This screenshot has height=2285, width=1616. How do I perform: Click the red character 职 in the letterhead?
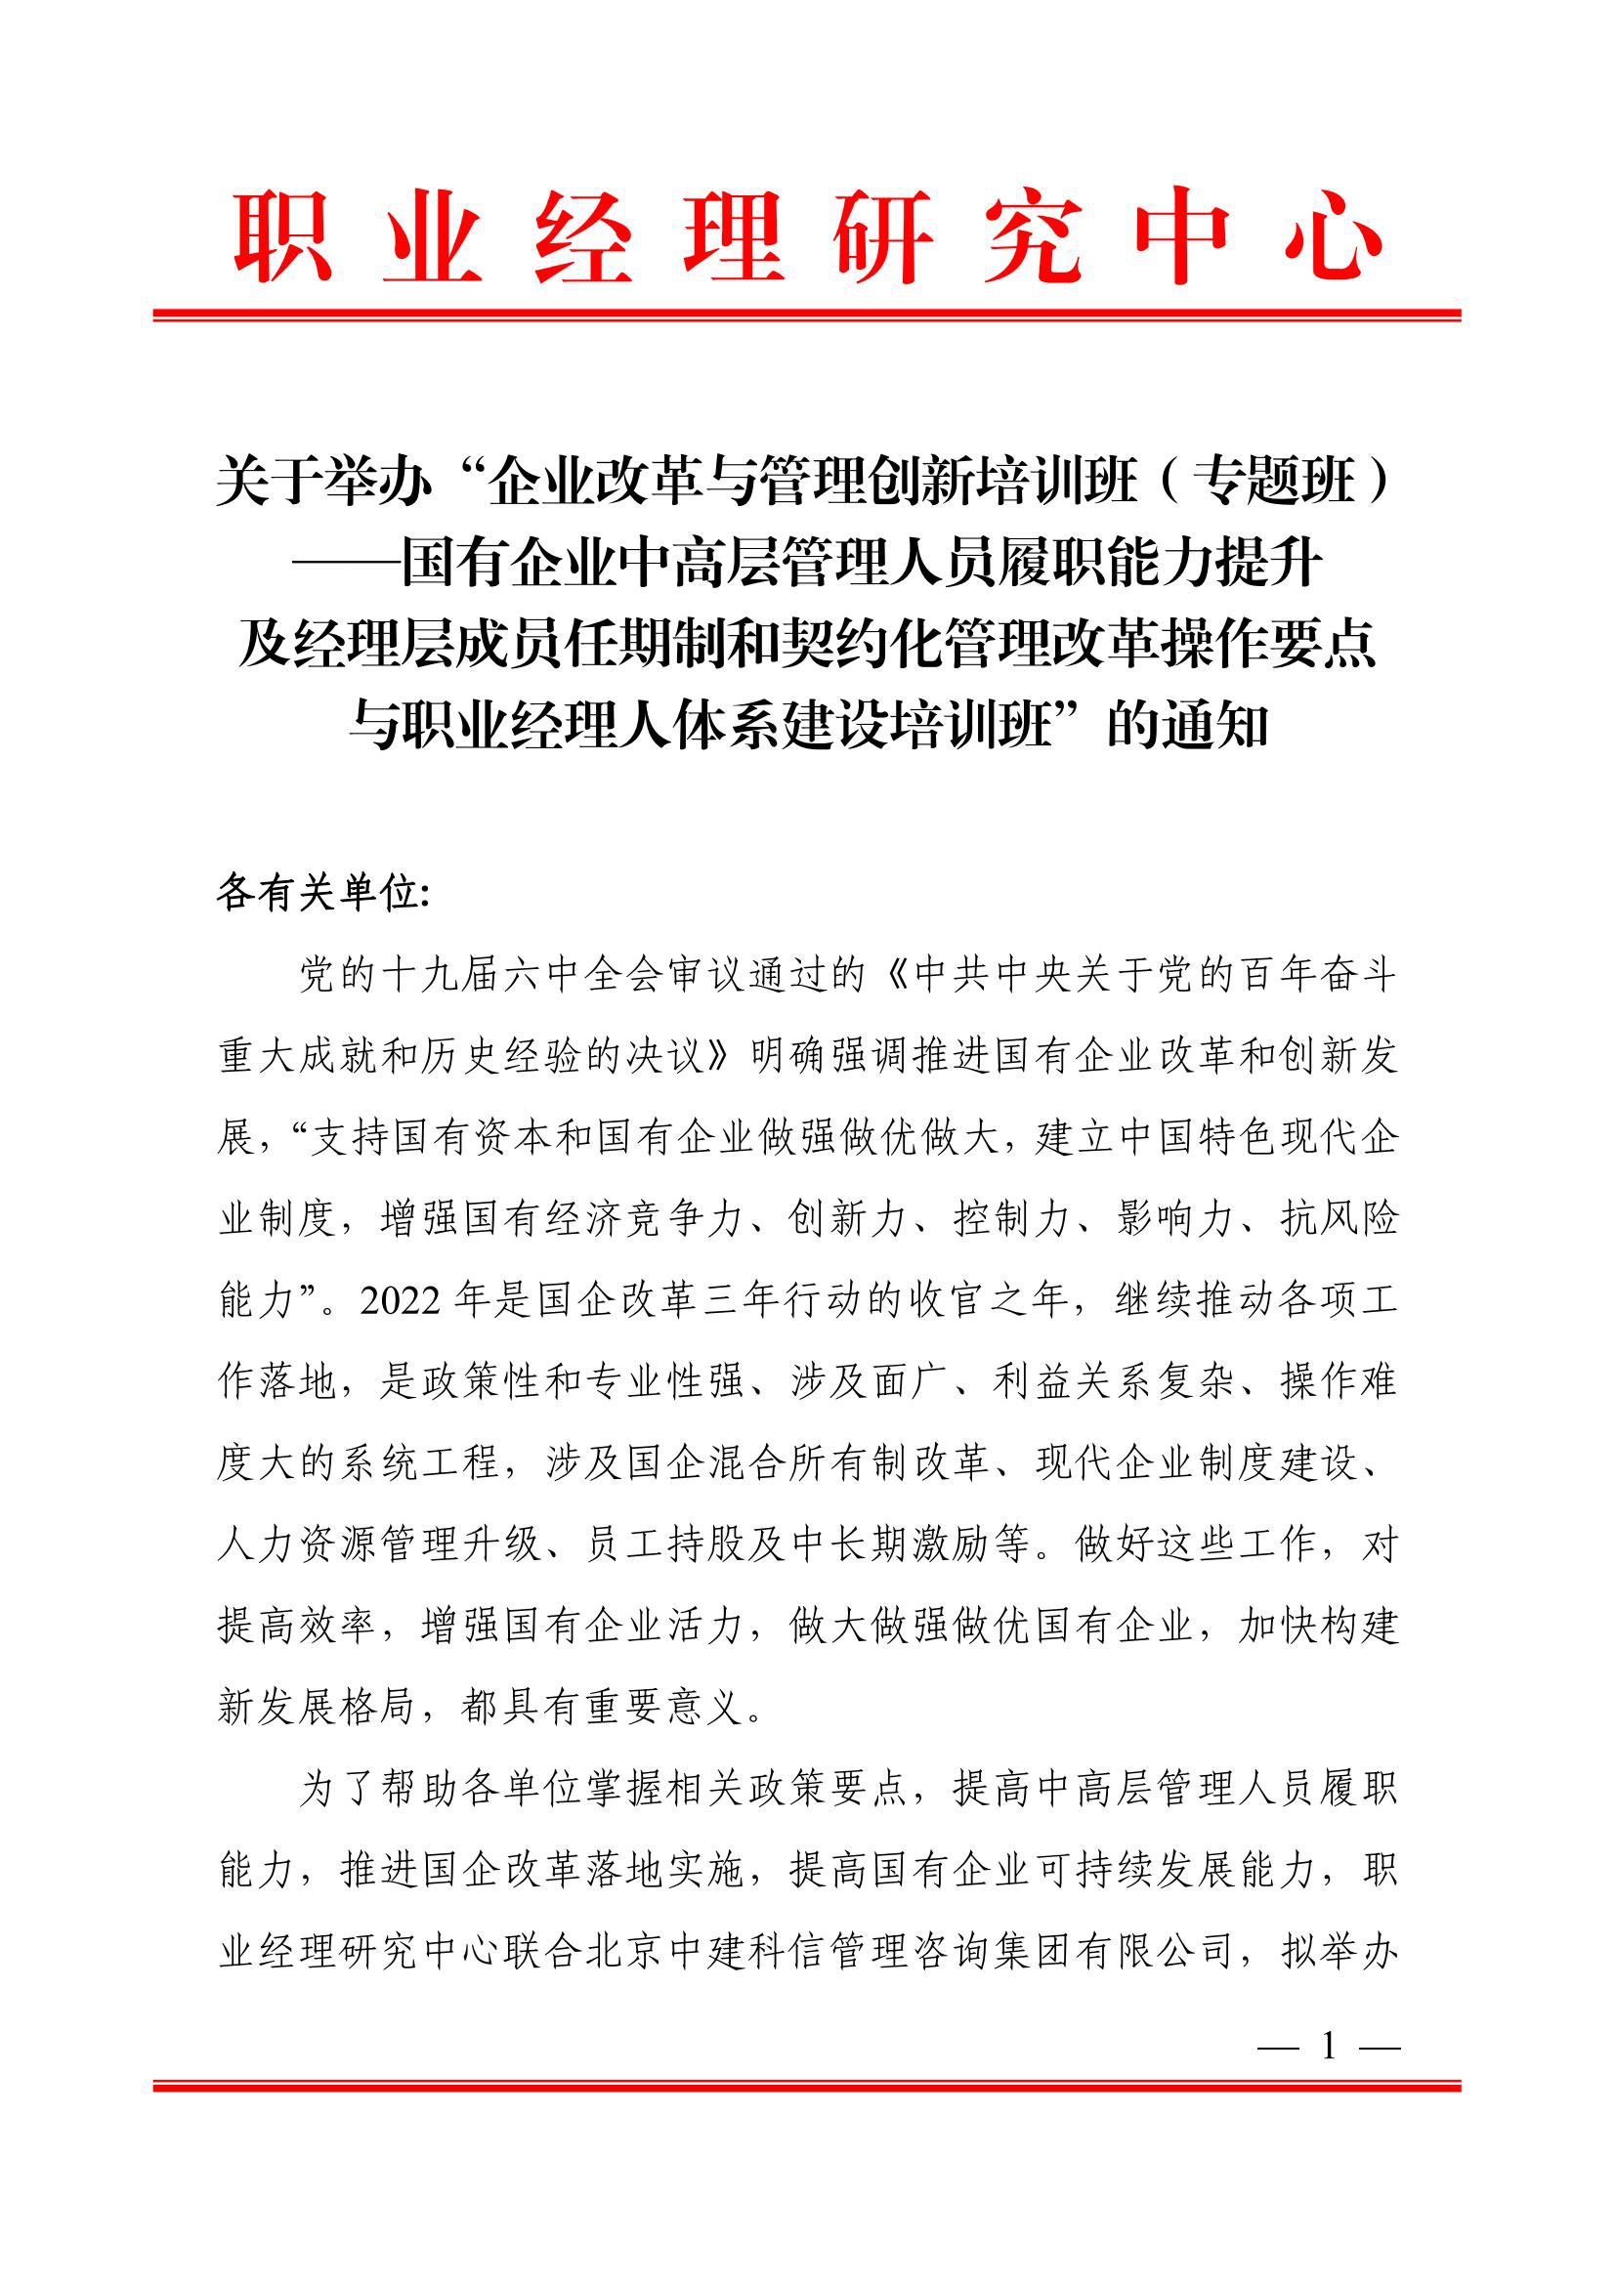[x=282, y=236]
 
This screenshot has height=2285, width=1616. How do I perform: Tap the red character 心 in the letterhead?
[x=1333, y=236]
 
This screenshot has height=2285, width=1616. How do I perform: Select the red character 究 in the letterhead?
[x=1033, y=236]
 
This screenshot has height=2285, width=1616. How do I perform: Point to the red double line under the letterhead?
[x=807, y=316]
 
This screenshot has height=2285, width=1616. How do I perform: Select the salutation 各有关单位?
[x=319, y=894]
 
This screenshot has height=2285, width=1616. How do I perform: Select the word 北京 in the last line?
[x=624, y=1952]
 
